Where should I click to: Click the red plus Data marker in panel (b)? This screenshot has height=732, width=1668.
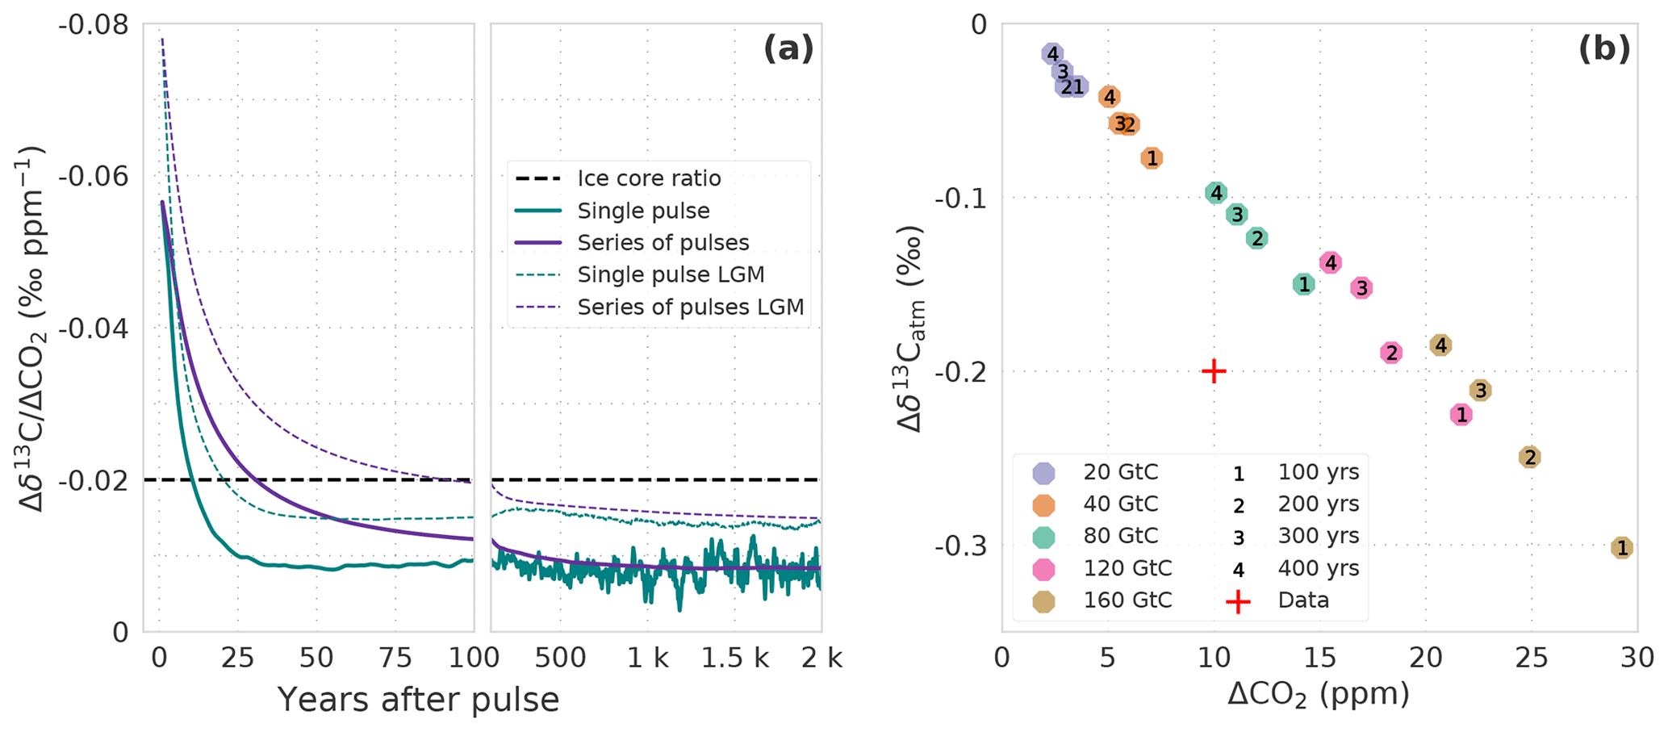pyautogui.click(x=1214, y=371)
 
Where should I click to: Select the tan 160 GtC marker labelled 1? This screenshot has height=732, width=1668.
pyautogui.click(x=1622, y=548)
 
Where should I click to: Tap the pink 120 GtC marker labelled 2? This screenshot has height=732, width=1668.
pyautogui.click(x=1390, y=353)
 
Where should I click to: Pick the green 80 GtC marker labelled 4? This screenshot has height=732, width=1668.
pyautogui.click(x=1216, y=193)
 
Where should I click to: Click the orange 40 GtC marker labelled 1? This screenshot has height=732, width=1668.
pyautogui.click(x=1152, y=158)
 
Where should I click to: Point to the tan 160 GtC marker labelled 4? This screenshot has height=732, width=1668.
pyautogui.click(x=1441, y=345)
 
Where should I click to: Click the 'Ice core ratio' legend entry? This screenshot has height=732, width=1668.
pyautogui.click(x=649, y=178)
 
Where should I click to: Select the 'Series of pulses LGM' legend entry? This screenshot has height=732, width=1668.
pyautogui.click(x=691, y=307)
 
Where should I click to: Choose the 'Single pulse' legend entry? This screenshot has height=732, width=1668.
pyautogui.click(x=643, y=211)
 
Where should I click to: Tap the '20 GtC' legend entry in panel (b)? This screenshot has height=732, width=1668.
pyautogui.click(x=1120, y=472)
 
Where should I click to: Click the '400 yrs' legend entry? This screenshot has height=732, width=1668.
pyautogui.click(x=1319, y=568)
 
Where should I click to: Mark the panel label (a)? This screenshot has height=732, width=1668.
pyautogui.click(x=788, y=50)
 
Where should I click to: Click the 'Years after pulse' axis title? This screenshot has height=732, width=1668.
pyautogui.click(x=418, y=700)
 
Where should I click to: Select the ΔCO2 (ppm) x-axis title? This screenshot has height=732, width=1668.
pyautogui.click(x=1319, y=694)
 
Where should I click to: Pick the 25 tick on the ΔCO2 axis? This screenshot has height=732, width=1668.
pyautogui.click(x=1532, y=659)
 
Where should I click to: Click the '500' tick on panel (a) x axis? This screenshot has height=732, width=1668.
pyautogui.click(x=561, y=659)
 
